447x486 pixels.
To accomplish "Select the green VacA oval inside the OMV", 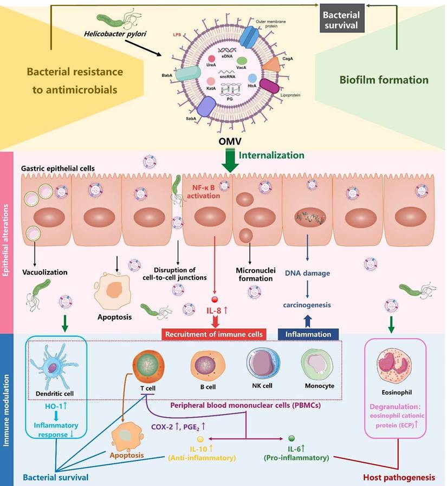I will (x=242, y=61).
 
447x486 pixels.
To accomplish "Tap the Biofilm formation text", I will (x=384, y=80).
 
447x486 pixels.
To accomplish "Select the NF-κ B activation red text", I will (x=206, y=190).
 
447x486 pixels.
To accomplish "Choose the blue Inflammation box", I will (x=308, y=334).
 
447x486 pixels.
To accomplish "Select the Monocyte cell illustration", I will (x=318, y=364).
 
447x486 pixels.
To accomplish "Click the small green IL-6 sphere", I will (x=291, y=438).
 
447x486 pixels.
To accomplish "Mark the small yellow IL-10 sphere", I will (x=199, y=438).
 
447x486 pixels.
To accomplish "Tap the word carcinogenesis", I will (x=307, y=305).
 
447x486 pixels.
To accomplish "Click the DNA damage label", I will (x=307, y=273).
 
